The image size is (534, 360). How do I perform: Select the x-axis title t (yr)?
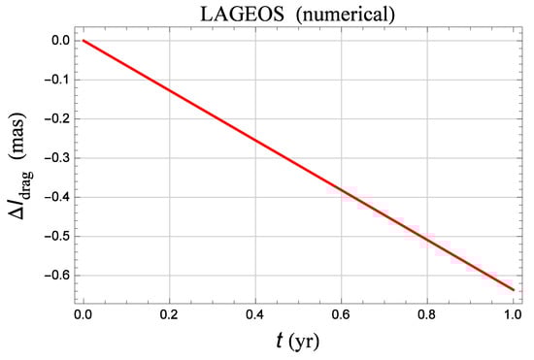[x=296, y=342]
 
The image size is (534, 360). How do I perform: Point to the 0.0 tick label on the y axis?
[x=57, y=41]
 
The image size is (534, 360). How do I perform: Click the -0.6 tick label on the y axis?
[x=54, y=275]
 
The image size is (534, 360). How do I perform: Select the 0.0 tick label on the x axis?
[x=83, y=314]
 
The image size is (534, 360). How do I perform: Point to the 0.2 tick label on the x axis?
[x=169, y=314]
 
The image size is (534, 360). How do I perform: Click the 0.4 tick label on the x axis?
[x=255, y=314]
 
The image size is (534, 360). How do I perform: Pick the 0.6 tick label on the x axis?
[x=341, y=314]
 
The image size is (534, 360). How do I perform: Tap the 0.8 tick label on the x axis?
[x=426, y=314]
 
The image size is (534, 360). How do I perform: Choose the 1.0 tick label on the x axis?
[x=512, y=314]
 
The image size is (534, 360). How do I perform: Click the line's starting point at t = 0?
[x=83, y=41]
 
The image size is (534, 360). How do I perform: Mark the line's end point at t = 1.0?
[x=512, y=289]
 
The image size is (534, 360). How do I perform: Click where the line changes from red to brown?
[x=336, y=187]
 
